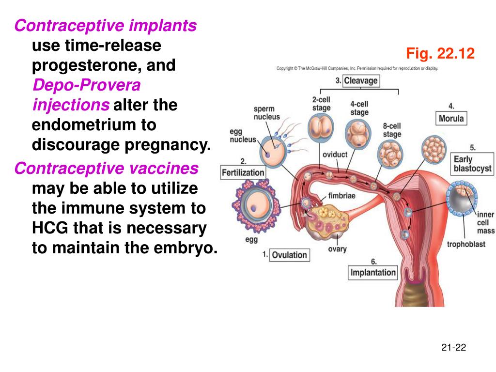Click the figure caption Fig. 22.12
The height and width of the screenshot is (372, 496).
pyautogui.click(x=440, y=53)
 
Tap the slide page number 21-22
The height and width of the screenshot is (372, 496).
pyautogui.click(x=453, y=347)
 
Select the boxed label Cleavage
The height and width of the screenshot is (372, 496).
pyautogui.click(x=360, y=81)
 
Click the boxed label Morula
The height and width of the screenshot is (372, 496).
pyautogui.click(x=451, y=118)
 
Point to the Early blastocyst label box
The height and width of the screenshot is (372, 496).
pyautogui.click(x=472, y=164)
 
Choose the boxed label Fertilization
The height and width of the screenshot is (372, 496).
pyautogui.click(x=243, y=172)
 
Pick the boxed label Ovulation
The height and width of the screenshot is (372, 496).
pyautogui.click(x=289, y=255)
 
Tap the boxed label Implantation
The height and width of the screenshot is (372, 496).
pyautogui.click(x=373, y=272)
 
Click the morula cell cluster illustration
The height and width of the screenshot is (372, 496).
pyautogui.click(x=433, y=148)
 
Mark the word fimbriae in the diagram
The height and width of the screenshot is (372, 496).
pyautogui.click(x=342, y=196)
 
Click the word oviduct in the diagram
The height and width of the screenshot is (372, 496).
pyautogui.click(x=335, y=155)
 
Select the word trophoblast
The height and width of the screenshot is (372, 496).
pyautogui.click(x=465, y=244)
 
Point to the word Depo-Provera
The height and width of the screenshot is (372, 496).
pyautogui.click(x=86, y=85)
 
